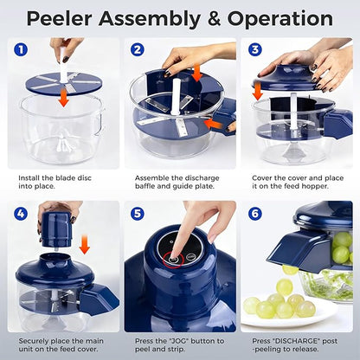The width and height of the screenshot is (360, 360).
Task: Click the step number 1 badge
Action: click(21, 49)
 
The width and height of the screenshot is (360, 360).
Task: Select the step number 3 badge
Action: click(254, 49)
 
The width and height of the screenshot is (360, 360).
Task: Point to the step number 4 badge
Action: click(21, 213)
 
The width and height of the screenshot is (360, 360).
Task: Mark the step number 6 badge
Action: click(254, 213)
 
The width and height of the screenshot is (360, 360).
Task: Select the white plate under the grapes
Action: click(290, 318)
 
